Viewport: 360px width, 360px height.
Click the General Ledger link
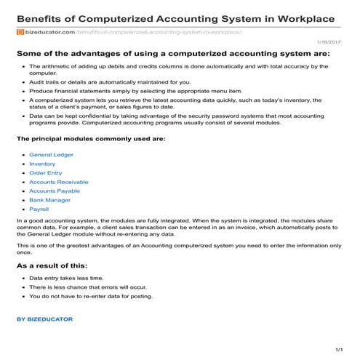[x=51, y=155]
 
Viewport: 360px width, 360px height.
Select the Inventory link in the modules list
[x=42, y=164]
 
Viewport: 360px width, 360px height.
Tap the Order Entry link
[x=45, y=173]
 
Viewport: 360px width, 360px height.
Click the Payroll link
[x=39, y=208]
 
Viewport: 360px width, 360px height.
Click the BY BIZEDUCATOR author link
[x=44, y=319]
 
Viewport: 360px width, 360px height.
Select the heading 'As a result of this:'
[x=52, y=266]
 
